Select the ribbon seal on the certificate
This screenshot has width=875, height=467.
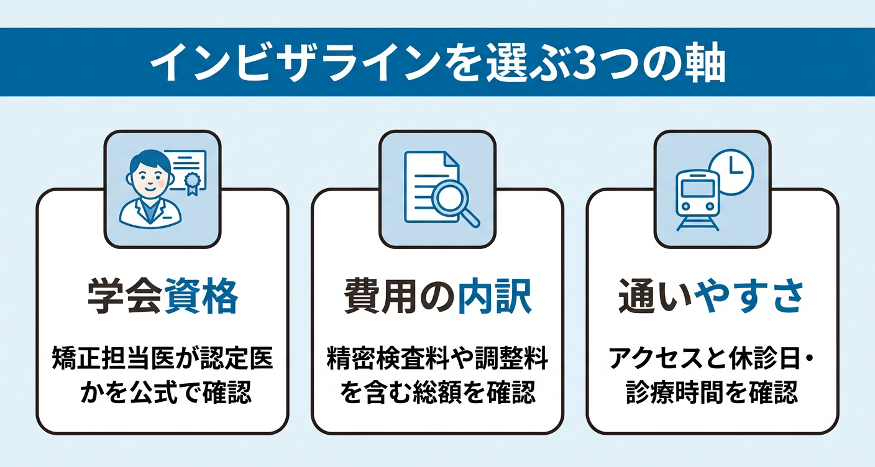192,184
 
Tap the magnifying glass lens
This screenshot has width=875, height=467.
449,197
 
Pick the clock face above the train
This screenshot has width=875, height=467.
731,172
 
